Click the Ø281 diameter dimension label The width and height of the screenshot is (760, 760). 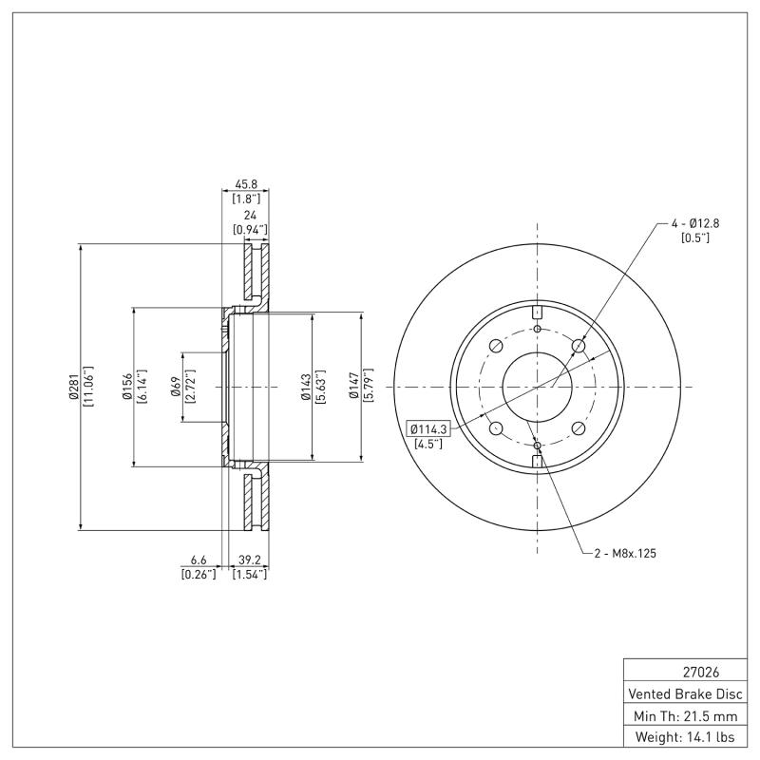73,388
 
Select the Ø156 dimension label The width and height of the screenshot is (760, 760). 125,388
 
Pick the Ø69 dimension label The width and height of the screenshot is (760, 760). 176,388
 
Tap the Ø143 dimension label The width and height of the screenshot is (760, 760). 306,388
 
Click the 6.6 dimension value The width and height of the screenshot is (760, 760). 199,560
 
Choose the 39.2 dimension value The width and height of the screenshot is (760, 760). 250,560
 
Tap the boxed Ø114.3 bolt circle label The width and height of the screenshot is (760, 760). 428,429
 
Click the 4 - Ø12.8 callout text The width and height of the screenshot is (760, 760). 695,223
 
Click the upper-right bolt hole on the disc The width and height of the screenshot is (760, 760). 579,347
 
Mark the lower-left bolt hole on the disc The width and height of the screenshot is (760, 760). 495,427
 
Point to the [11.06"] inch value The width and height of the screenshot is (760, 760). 88,388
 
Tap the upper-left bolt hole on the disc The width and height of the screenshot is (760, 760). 495,347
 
